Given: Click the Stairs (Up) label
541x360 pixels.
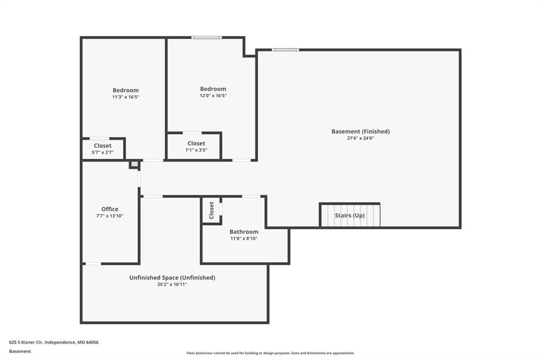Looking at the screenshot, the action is pyautogui.click(x=350, y=215).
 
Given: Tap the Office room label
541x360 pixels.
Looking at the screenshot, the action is pyautogui.click(x=110, y=209).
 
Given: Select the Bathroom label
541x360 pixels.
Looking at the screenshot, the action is pyautogui.click(x=244, y=232).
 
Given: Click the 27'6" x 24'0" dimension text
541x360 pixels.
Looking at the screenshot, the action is pyautogui.click(x=360, y=138).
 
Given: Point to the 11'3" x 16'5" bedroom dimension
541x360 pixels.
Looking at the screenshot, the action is pyautogui.click(x=126, y=97).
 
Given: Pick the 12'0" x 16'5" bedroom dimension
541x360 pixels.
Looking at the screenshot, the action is pyautogui.click(x=213, y=96).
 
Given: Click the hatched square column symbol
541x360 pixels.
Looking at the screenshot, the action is pyautogui.click(x=135, y=164).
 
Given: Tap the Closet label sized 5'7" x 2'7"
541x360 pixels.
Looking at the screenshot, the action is pyautogui.click(x=102, y=146).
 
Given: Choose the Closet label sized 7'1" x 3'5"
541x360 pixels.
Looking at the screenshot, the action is pyautogui.click(x=197, y=144).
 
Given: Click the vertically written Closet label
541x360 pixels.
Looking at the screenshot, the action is pyautogui.click(x=211, y=210).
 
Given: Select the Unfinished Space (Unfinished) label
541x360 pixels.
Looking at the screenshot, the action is pyautogui.click(x=172, y=278).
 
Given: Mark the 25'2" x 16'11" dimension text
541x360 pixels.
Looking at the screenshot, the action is pyautogui.click(x=172, y=285).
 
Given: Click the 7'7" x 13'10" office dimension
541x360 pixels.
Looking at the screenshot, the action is pyautogui.click(x=110, y=216).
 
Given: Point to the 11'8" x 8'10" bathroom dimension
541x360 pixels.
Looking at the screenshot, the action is pyautogui.click(x=244, y=239).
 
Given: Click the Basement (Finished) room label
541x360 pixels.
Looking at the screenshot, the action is pyautogui.click(x=360, y=131).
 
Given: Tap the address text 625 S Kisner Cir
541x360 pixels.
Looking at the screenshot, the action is pyautogui.click(x=26, y=343).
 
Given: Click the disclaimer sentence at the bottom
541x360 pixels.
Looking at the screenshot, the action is pyautogui.click(x=270, y=353).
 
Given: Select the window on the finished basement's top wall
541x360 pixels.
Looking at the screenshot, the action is pyautogui.click(x=285, y=50).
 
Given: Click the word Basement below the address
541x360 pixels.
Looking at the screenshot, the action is pyautogui.click(x=20, y=352).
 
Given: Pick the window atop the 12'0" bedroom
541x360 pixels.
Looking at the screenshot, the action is pyautogui.click(x=207, y=37).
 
